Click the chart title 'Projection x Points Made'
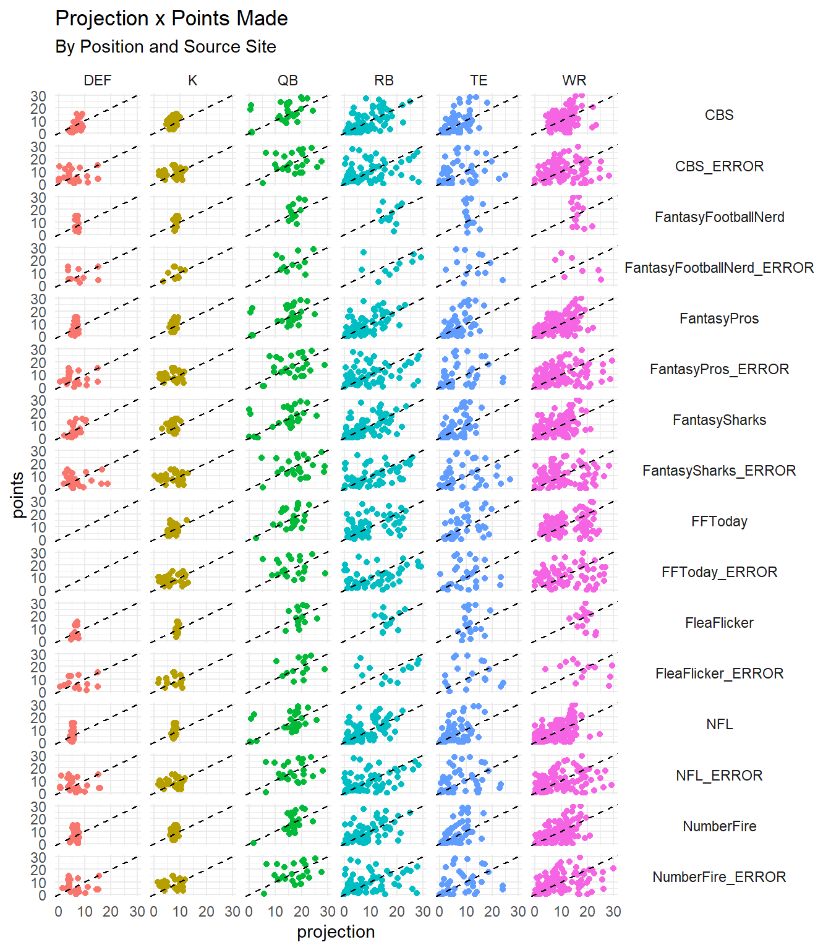pos(171,19)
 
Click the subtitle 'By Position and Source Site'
pos(165,47)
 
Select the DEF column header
pos(98,80)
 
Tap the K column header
pos(193,80)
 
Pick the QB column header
pos(288,80)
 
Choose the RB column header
pos(383,80)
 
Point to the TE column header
pos(479,80)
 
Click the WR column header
pos(574,80)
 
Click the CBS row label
pos(719,115)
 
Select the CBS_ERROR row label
pos(719,166)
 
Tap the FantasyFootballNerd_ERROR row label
pos(719,268)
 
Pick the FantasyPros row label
pos(719,319)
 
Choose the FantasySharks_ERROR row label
pos(719,471)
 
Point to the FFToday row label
pos(719,521)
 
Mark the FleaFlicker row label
pos(719,623)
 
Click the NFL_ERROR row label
pos(719,776)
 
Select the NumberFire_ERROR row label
pos(719,877)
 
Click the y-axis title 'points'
pos(18,495)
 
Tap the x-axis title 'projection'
pos(336,932)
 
